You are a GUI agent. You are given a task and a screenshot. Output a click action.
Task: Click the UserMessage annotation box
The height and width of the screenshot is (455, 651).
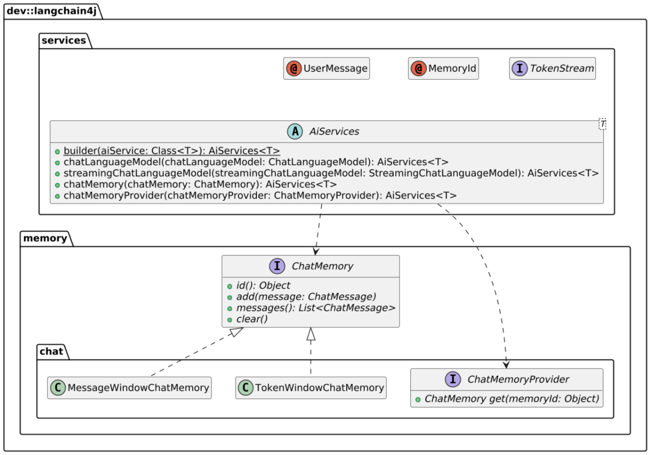(326, 69)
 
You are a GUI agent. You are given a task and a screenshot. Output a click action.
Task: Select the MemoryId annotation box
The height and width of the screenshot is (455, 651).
(443, 69)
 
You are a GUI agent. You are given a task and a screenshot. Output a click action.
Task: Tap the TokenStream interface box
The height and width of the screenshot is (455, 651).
(552, 69)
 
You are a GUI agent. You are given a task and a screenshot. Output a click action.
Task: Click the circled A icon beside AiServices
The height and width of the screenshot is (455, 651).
(295, 131)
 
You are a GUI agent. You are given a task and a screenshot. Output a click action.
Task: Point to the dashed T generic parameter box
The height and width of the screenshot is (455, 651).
(602, 124)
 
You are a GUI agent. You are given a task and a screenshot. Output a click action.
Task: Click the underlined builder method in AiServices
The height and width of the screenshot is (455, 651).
(172, 151)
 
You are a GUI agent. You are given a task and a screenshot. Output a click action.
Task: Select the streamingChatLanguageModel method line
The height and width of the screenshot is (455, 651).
(331, 173)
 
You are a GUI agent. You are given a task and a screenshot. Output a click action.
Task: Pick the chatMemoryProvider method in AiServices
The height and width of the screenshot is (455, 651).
(260, 195)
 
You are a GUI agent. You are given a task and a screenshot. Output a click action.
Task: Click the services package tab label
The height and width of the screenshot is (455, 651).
(64, 40)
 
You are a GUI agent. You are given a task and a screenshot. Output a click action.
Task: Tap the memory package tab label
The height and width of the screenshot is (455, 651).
(45, 238)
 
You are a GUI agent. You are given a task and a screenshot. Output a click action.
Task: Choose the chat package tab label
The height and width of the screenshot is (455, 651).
(51, 351)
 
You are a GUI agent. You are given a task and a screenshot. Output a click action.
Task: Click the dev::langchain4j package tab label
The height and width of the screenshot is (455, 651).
(51, 11)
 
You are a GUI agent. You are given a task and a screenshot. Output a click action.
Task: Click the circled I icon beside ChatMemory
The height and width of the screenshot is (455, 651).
(277, 266)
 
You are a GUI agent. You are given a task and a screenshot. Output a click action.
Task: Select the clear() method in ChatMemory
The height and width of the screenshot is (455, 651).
(252, 319)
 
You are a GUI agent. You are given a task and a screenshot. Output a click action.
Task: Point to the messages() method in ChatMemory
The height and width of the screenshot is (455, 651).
(315, 308)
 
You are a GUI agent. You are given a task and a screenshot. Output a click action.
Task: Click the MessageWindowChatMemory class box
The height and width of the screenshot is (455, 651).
(129, 388)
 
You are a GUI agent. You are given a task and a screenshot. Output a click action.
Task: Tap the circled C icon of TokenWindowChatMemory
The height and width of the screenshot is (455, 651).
(246, 388)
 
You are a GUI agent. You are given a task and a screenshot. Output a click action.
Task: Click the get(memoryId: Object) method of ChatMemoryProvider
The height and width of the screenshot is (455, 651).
(511, 399)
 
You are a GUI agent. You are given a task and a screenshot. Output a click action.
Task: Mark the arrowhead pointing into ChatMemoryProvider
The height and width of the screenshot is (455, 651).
(506, 364)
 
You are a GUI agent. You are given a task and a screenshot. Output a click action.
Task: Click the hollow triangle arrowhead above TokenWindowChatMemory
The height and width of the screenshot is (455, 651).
(311, 334)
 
